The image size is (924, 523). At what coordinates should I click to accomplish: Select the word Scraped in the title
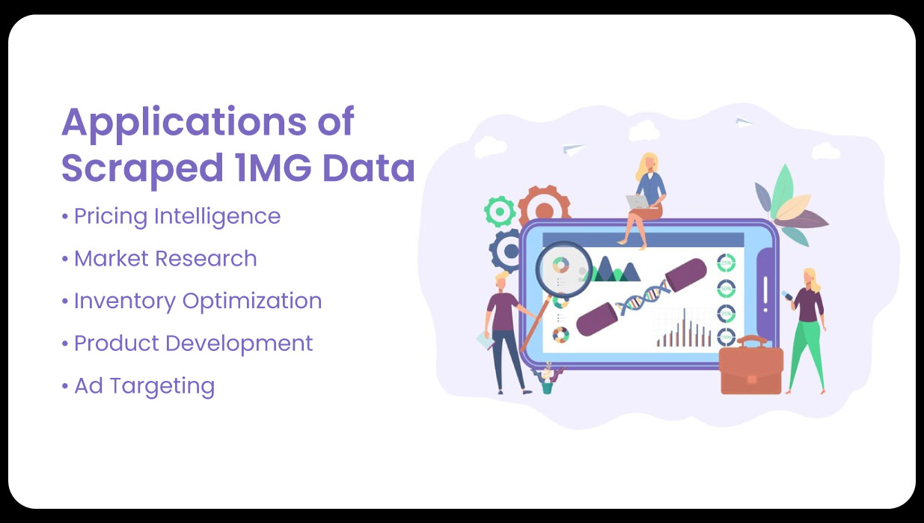(135, 168)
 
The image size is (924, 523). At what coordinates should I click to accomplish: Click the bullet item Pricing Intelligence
(177, 216)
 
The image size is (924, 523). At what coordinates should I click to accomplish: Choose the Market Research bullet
(165, 259)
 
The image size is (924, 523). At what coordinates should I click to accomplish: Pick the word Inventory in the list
(125, 301)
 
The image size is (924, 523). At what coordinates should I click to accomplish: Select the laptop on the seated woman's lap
(637, 201)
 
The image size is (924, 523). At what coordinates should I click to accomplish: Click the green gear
(500, 211)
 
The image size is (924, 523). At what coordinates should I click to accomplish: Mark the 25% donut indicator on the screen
(726, 263)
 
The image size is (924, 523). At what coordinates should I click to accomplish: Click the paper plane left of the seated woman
(573, 148)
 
